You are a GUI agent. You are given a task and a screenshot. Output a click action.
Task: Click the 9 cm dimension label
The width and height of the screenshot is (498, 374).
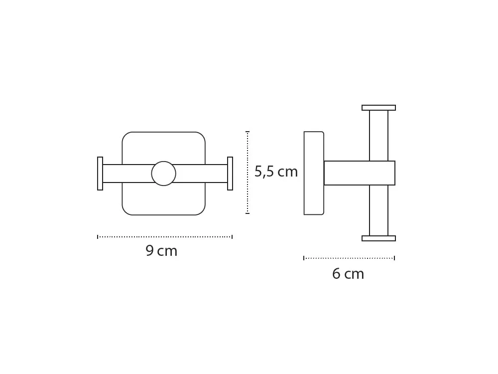[x=161, y=251]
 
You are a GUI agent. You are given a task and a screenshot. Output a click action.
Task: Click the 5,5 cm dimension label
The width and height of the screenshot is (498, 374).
[x=276, y=172]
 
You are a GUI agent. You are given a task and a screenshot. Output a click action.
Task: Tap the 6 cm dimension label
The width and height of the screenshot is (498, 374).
[x=348, y=274]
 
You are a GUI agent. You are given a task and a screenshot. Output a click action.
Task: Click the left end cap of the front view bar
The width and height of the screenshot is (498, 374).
[x=100, y=174]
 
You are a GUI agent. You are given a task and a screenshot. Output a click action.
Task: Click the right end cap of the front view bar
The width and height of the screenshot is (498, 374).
[x=230, y=174]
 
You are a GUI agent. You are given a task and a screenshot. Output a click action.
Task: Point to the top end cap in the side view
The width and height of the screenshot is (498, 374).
[x=378, y=108]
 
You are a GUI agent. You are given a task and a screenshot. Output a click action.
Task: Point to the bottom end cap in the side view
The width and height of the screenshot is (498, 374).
[x=378, y=238]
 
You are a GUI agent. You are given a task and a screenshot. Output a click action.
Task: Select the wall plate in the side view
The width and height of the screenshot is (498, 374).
[x=314, y=174]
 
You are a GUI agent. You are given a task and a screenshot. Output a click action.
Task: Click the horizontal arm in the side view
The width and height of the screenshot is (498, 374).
[x=360, y=173]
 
